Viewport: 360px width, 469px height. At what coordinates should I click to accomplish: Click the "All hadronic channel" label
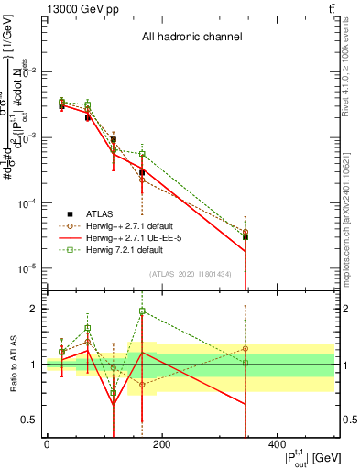(x=191, y=38)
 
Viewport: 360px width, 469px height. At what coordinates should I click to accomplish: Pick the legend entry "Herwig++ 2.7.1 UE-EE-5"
(x=133, y=236)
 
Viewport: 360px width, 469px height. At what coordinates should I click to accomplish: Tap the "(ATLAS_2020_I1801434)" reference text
(x=191, y=274)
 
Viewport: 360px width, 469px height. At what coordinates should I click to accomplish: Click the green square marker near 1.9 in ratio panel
(x=142, y=311)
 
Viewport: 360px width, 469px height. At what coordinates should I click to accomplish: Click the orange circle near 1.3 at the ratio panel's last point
(x=245, y=348)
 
